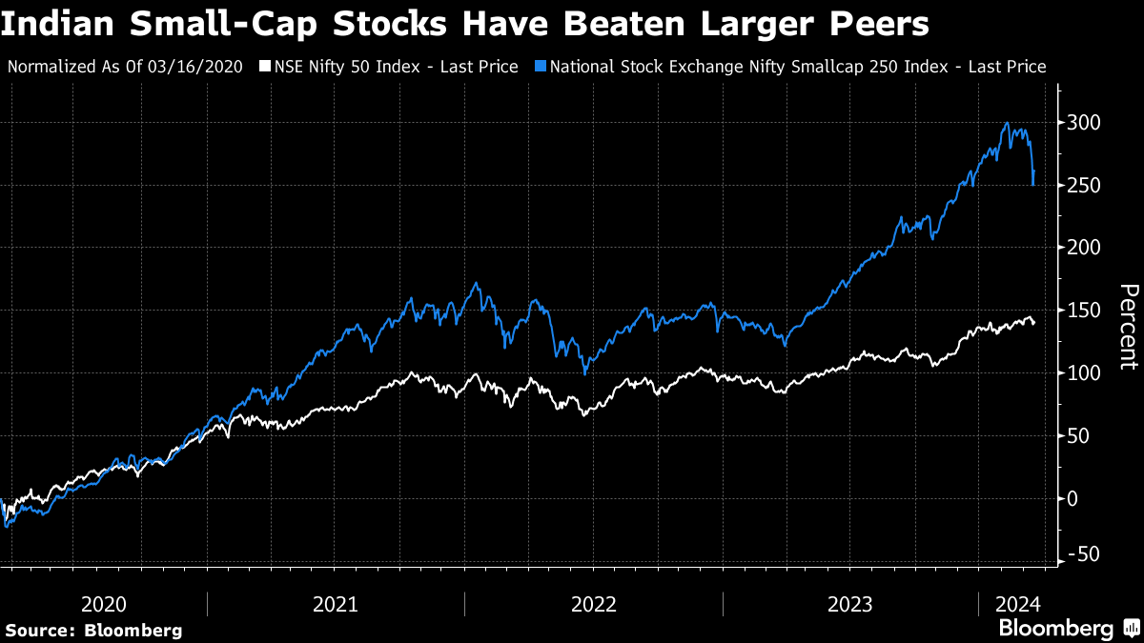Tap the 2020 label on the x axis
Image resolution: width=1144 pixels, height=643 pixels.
click(x=105, y=604)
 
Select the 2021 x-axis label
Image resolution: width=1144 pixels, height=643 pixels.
click(x=335, y=604)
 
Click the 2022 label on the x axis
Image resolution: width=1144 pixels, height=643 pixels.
click(x=594, y=604)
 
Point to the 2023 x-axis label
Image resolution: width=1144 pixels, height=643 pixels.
click(x=851, y=604)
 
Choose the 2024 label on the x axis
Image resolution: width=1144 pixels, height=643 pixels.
click(x=1017, y=604)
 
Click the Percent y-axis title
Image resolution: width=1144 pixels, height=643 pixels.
click(x=1128, y=326)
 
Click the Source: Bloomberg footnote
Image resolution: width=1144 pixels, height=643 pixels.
click(x=93, y=630)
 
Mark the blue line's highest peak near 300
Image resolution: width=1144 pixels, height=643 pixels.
click(x=1007, y=123)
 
